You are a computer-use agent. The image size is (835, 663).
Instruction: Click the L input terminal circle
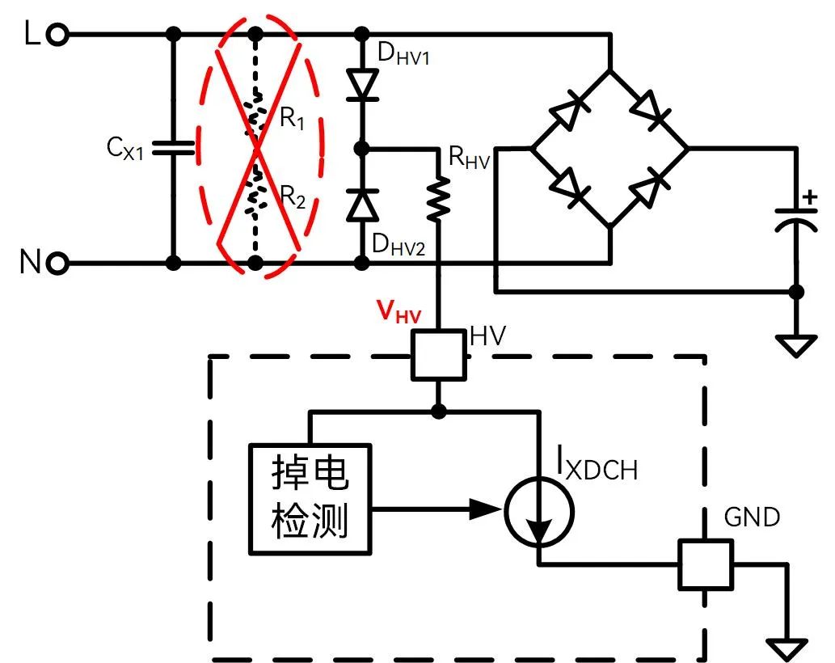coord(57,34)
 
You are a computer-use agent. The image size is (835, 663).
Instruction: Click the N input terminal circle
coord(57,262)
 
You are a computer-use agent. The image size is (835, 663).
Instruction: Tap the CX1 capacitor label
coord(124,148)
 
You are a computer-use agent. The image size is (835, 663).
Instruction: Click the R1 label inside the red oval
coord(293,119)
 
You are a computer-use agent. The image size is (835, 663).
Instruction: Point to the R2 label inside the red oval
coord(293,194)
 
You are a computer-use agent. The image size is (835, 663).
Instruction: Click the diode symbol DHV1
coord(362,83)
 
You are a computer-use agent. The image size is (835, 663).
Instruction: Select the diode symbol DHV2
coord(362,204)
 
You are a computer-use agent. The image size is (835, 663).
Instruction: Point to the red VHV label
coord(400,312)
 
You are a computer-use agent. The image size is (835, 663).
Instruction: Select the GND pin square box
coord(705,564)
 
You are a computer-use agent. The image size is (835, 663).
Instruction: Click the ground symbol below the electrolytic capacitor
coord(796,346)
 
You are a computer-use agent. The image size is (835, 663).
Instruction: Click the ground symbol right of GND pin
coord(785,647)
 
